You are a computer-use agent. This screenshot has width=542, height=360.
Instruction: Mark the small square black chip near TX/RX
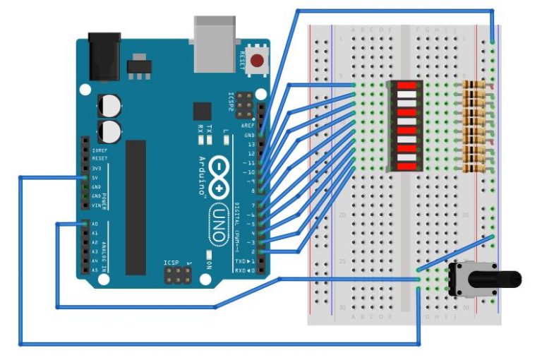click(x=203, y=112)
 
